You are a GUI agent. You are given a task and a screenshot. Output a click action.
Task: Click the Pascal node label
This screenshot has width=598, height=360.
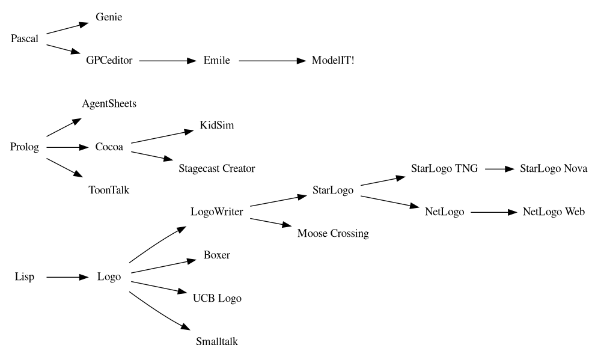[25, 39]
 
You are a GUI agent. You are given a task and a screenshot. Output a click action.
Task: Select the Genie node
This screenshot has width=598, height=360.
[109, 17]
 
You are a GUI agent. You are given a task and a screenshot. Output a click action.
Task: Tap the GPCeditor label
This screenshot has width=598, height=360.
[109, 61]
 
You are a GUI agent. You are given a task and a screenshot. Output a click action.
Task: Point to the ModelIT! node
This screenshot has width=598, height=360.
[333, 61]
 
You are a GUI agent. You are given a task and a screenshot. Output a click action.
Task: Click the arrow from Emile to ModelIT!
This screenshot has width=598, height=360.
[273, 61]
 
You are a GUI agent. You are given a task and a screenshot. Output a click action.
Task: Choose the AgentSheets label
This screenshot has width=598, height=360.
[109, 104]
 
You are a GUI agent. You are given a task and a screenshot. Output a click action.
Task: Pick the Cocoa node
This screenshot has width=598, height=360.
[109, 147]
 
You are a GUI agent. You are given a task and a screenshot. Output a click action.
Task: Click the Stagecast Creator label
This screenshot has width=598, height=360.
[216, 169]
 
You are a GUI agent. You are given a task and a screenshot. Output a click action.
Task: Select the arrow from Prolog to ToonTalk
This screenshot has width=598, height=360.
[64, 168]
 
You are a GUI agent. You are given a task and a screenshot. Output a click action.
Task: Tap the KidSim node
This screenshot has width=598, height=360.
[216, 126]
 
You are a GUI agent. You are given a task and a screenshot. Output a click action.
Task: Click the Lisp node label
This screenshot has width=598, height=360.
[25, 277]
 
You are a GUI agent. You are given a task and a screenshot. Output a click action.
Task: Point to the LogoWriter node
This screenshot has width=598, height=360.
[216, 212]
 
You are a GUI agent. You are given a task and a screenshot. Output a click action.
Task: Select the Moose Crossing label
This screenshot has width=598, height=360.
[333, 234]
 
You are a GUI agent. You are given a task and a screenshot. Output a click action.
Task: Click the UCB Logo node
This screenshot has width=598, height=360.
[216, 299]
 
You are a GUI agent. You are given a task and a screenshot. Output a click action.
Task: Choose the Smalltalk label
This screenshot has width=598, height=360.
[216, 342]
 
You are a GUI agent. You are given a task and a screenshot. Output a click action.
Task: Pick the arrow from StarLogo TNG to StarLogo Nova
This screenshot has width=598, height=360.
[497, 169]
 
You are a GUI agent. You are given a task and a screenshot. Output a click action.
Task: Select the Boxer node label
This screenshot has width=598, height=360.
[216, 255]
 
